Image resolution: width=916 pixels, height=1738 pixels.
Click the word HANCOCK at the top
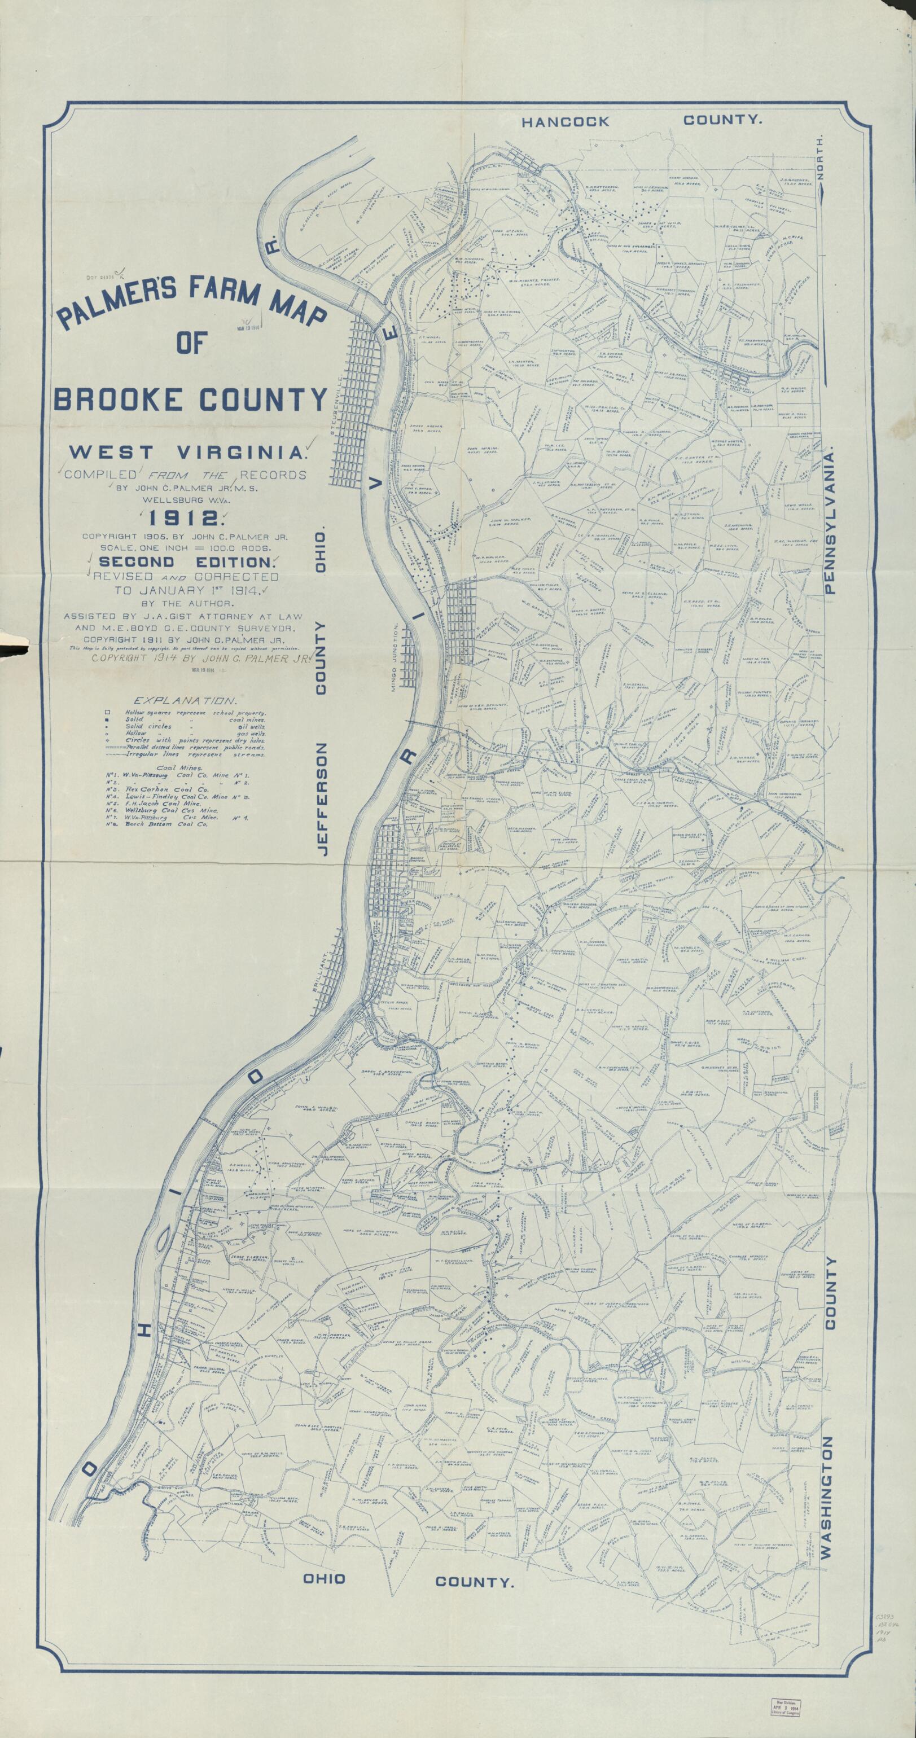coord(566,121)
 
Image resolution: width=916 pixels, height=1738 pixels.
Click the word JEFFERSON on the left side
coord(321,799)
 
